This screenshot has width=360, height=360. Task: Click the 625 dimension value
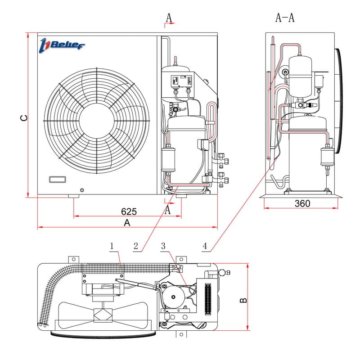(x=129, y=211)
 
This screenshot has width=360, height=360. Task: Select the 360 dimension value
(x=302, y=203)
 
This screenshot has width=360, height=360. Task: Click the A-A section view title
(x=284, y=18)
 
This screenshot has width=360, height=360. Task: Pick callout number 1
(x=112, y=246)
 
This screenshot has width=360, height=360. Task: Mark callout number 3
(x=163, y=246)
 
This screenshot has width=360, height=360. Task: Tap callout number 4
(x=205, y=246)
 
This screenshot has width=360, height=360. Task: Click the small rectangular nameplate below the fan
(x=58, y=179)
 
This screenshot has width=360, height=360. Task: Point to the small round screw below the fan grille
(x=81, y=190)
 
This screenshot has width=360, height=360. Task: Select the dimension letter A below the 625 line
(x=127, y=223)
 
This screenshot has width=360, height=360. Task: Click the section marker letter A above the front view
(x=169, y=18)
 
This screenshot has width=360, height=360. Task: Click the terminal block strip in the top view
(x=207, y=298)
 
